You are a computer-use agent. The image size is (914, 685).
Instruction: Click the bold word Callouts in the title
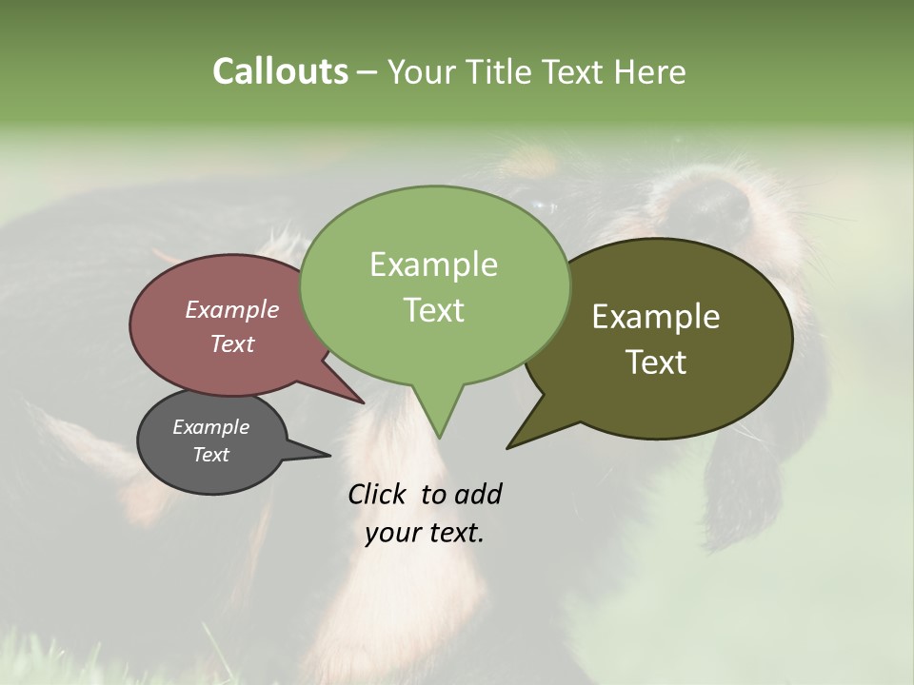coord(280,71)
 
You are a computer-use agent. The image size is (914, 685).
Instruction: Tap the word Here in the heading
coord(649,71)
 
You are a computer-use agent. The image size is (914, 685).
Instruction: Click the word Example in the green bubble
coord(433,264)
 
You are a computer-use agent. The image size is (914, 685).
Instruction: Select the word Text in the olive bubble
coord(656,362)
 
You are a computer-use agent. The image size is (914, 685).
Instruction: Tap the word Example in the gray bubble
coord(210,427)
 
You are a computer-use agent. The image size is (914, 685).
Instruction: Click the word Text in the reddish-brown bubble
coord(232,343)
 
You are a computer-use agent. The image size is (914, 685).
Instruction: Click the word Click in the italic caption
coord(377,494)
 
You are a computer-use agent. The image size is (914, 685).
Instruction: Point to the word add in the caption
coord(478,494)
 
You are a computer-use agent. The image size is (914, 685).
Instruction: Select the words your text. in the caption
coord(425,533)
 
